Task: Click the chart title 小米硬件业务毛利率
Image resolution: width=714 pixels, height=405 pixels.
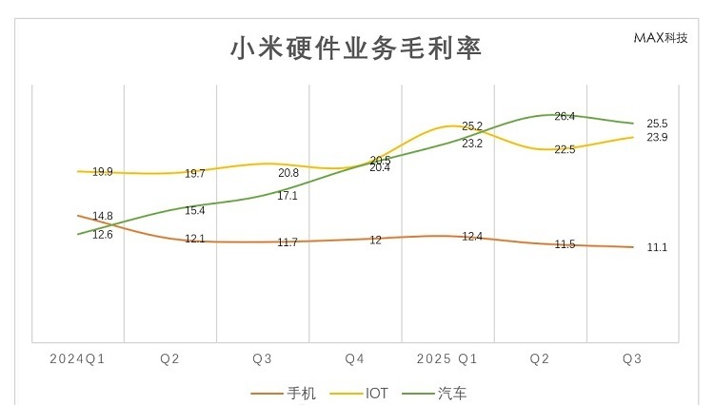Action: click(x=356, y=48)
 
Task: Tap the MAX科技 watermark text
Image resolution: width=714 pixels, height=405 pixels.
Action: click(x=660, y=38)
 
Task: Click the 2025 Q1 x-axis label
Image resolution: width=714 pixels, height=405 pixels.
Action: click(x=447, y=359)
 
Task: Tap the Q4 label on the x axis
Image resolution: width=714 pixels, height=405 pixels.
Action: click(x=355, y=359)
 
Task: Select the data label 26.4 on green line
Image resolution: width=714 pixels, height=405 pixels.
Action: click(x=565, y=116)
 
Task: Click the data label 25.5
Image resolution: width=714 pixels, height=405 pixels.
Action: click(x=657, y=124)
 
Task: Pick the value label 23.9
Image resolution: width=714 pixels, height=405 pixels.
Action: click(x=657, y=138)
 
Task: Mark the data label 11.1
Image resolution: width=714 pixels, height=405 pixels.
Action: click(x=657, y=247)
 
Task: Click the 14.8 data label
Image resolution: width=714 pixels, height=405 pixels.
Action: click(x=103, y=216)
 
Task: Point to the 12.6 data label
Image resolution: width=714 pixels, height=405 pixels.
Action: click(x=103, y=234)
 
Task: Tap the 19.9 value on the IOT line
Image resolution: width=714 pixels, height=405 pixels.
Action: click(x=103, y=172)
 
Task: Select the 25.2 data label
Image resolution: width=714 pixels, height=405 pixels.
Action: click(x=472, y=125)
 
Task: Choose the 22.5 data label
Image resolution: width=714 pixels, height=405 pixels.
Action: click(x=565, y=149)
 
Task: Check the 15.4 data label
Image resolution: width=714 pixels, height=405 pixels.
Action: click(x=195, y=210)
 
